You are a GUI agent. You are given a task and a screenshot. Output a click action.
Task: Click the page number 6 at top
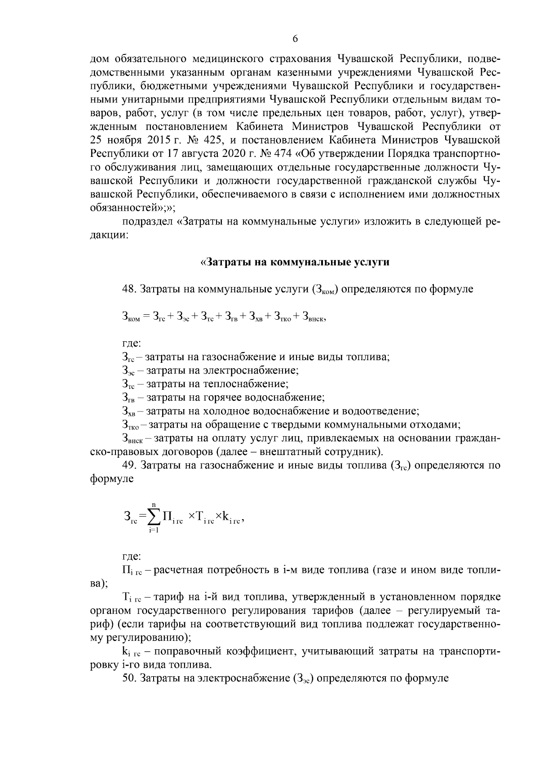[x=295, y=39]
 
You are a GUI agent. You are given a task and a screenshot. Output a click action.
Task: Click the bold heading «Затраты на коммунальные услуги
[x=294, y=263]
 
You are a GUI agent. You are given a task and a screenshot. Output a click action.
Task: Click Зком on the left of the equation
[x=132, y=317]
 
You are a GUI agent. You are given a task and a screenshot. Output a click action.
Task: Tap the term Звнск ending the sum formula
[x=314, y=317]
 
